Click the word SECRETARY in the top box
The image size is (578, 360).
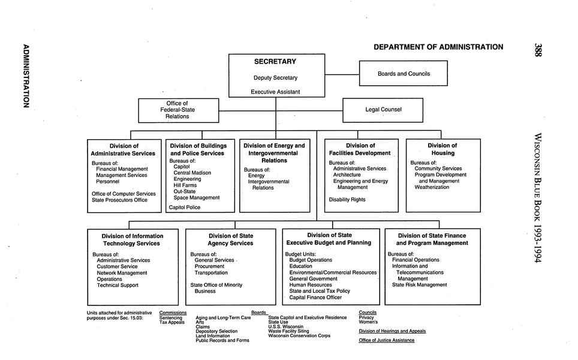coord(275,62)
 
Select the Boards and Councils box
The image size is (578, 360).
coord(404,74)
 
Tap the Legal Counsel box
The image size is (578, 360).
coord(383,110)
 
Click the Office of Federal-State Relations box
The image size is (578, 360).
coord(177,110)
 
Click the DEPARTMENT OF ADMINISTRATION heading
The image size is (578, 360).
coord(438,47)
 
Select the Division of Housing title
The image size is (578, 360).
coord(442,149)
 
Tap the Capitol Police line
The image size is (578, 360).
coord(185,207)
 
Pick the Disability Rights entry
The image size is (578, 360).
coord(347,200)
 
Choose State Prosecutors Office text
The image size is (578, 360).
coord(119,200)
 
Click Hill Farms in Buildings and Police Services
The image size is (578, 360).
coord(185,185)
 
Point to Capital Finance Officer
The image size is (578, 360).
coord(315,297)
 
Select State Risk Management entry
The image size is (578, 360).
coord(419,285)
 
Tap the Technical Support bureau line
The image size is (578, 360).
coord(117,285)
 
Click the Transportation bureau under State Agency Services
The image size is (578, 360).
coord(211,272)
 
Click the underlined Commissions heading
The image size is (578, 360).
coord(173,313)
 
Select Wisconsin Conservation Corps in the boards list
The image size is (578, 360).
coord(299,336)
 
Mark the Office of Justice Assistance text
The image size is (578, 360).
coord(386,340)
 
